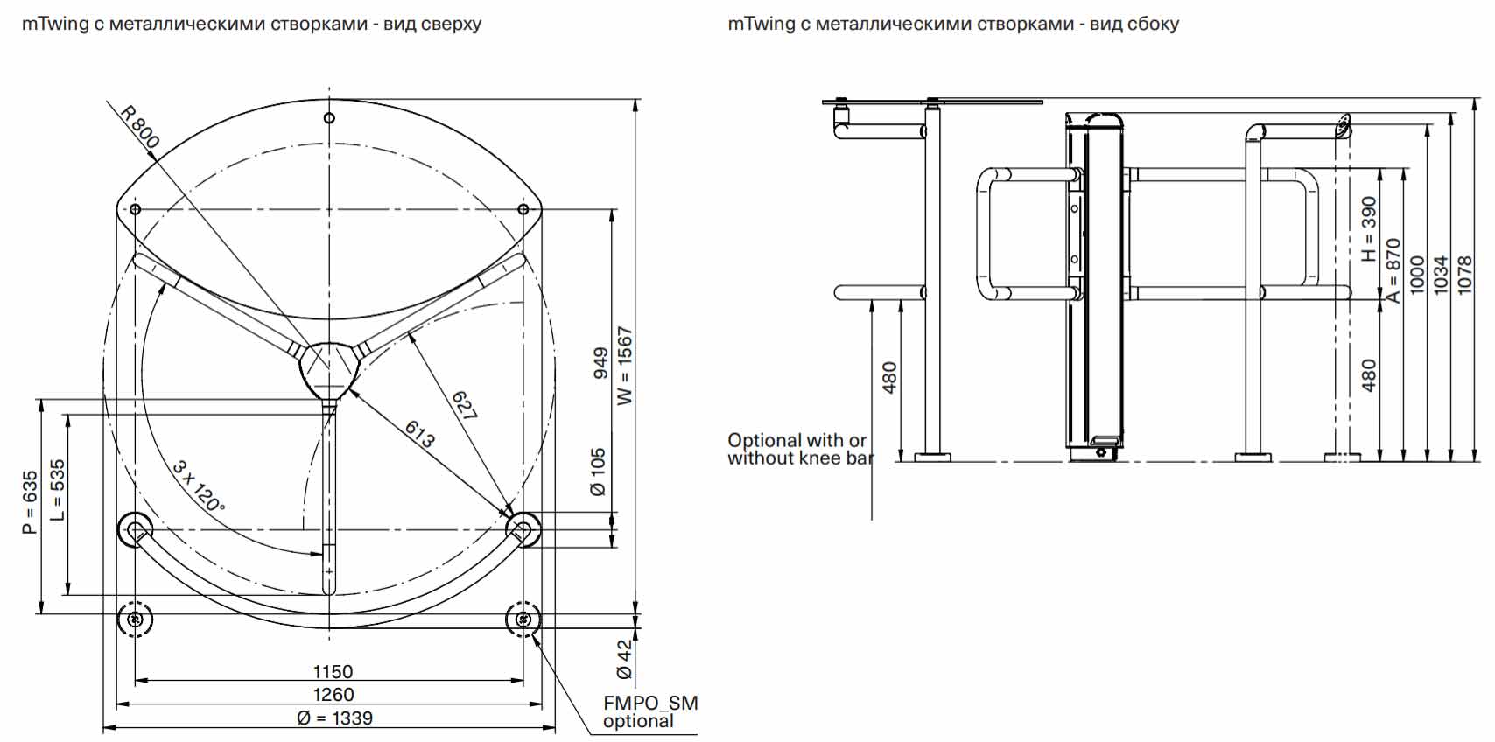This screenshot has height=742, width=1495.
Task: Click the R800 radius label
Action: tap(140, 127)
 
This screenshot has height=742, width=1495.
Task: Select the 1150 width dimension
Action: tap(333, 672)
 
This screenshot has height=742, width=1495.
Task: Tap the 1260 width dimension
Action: tap(333, 695)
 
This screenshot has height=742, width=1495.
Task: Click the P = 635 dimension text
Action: tap(31, 502)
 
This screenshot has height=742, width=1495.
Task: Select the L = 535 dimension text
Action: tap(58, 490)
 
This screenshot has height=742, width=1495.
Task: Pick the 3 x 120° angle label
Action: tap(199, 486)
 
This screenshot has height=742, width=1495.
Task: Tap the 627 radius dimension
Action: tap(465, 406)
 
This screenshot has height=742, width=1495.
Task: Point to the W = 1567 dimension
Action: tap(625, 366)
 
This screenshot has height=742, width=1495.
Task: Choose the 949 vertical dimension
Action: tap(601, 362)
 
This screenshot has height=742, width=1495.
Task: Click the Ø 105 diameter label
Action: tap(599, 472)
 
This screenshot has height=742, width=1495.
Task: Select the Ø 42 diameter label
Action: tap(624, 659)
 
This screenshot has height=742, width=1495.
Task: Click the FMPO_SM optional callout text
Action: tap(649, 711)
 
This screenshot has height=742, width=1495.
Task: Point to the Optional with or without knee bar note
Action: tap(797, 449)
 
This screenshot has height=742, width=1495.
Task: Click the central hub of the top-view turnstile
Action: tap(328, 367)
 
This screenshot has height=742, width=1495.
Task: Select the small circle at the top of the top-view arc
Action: tap(329, 118)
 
